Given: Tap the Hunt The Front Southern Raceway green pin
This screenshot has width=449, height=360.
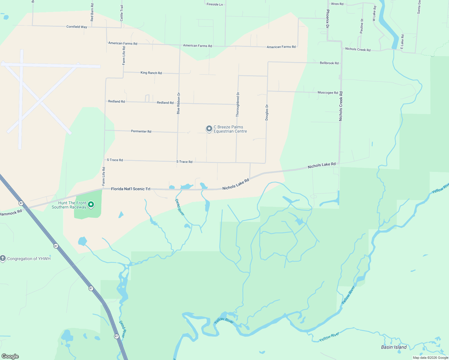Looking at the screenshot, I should [91, 205].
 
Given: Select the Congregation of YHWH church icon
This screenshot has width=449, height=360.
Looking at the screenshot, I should [3, 258].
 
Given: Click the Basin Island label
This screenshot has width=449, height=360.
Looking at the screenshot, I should [394, 347].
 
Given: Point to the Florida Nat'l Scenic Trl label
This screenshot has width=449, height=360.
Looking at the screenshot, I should [131, 189].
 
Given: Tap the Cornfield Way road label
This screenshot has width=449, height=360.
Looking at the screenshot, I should [77, 27].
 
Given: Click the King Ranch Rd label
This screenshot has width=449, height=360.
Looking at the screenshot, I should [151, 73].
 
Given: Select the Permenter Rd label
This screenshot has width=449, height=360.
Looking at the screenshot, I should [141, 131].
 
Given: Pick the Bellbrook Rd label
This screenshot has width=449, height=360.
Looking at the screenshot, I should [329, 63].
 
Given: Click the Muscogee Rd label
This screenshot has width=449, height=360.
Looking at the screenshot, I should [328, 93].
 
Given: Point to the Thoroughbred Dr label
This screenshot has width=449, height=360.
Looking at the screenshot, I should [238, 104].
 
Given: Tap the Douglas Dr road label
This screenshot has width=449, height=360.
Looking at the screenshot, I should [267, 112].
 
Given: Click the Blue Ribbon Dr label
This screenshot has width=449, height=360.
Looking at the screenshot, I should [179, 103].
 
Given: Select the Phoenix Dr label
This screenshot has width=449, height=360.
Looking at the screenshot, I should [328, 19].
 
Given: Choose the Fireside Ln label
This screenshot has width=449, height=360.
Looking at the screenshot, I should [215, 4].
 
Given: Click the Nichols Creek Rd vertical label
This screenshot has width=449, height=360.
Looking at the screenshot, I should [341, 106].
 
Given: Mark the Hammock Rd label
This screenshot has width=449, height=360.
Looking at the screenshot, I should [11, 213].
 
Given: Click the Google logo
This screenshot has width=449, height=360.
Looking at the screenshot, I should [10, 356].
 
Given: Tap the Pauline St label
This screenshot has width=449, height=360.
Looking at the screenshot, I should [362, 26].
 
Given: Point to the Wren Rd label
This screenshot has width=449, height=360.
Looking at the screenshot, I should [337, 4].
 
